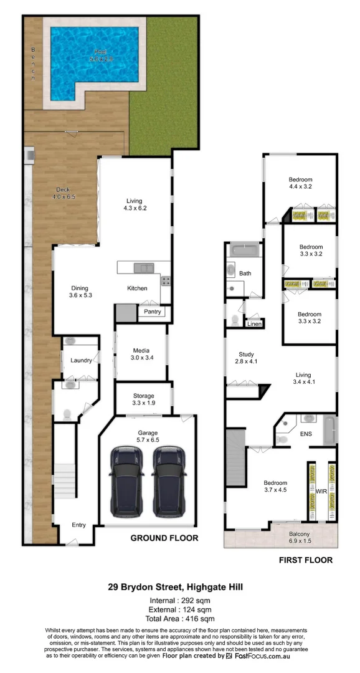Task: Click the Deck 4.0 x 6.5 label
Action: pos(62,193)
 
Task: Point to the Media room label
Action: pos(140,354)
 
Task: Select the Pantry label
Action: pos(152,312)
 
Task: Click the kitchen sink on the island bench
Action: pos(143,268)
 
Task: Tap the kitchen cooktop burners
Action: pos(166,281)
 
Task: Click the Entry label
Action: pos(78,525)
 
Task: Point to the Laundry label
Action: pos(81,360)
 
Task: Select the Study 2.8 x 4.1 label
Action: pos(246,357)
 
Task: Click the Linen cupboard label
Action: pos(253,324)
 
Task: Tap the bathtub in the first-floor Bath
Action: pos(245,250)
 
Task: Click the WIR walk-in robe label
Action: pos(321,492)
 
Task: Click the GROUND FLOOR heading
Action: pos(164,538)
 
